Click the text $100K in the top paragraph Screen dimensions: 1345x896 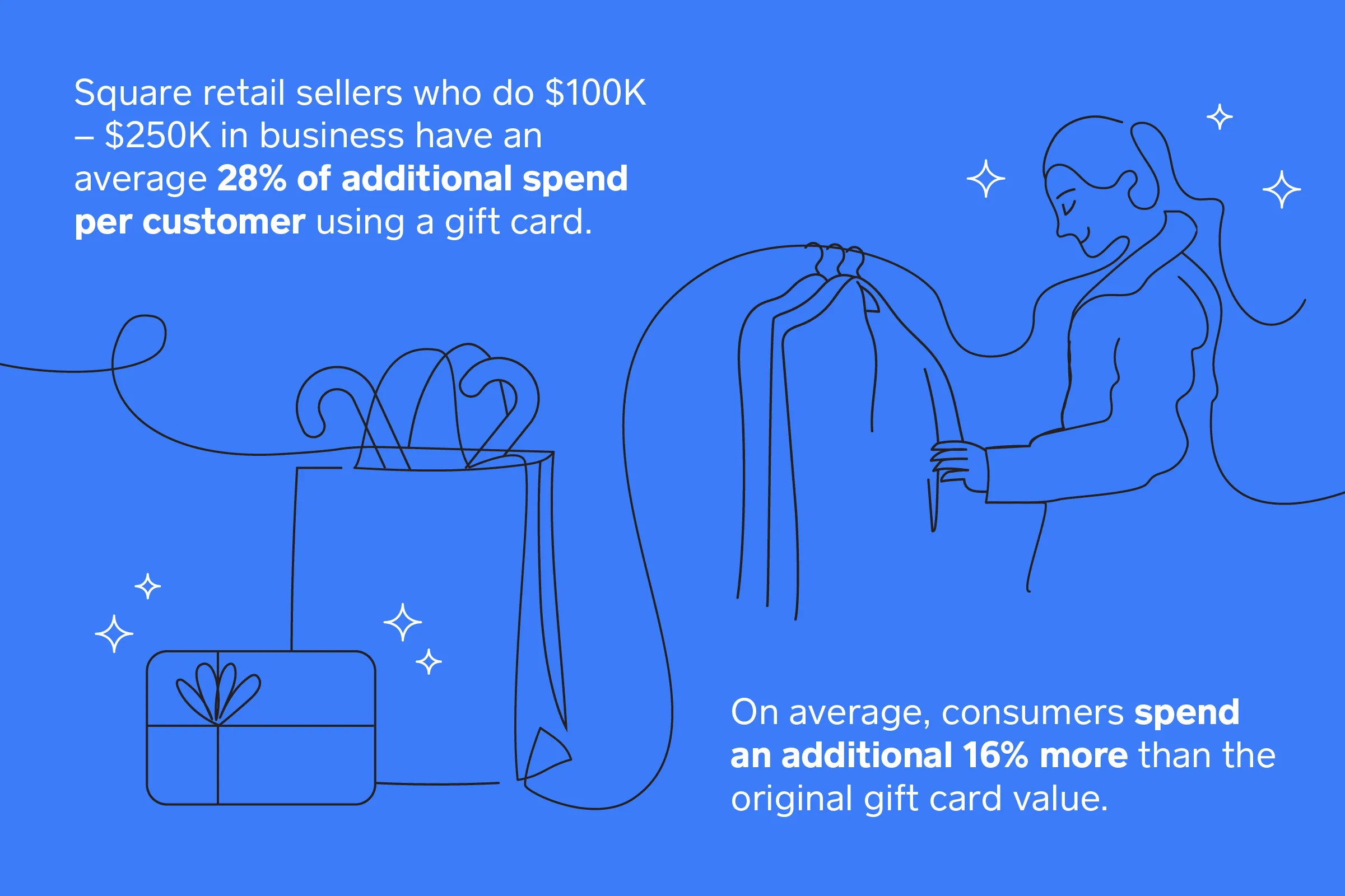595,92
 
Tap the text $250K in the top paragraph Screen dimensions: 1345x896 159,136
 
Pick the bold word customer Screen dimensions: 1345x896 224,222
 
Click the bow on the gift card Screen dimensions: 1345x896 218,693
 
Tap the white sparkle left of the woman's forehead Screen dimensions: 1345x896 986,179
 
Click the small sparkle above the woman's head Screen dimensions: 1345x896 1220,116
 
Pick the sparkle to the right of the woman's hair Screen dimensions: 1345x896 1282,189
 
